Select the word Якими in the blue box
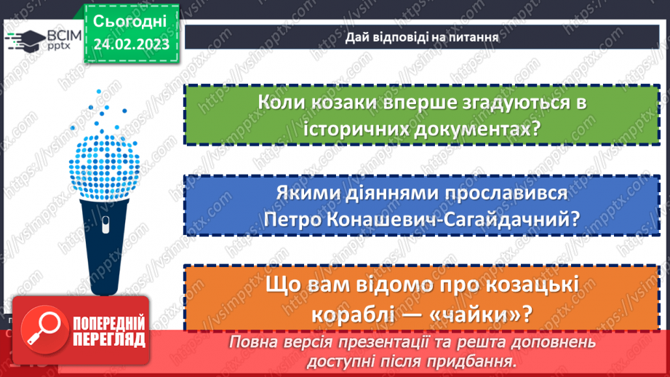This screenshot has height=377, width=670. [308, 194]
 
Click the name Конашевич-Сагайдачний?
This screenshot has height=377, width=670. [466, 220]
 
